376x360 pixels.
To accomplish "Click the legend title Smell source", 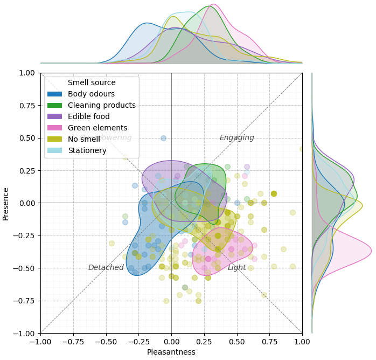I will pos(92,83).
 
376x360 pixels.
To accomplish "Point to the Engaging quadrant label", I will pos(236,138).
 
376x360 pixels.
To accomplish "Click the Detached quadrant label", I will pos(106,268).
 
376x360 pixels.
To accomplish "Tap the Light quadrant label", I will pos(236,268).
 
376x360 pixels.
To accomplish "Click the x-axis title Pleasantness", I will pos(171,352).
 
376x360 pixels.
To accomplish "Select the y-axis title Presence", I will pos(6,203).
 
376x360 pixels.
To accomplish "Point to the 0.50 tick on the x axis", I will pos(237,342).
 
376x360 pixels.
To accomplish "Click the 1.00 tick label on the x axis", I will pos(302,342).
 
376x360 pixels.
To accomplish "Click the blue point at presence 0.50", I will pos(163,138).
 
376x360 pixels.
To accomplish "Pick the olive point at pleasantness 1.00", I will pos(302,149).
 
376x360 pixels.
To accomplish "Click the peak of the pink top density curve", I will pos(213,4).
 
